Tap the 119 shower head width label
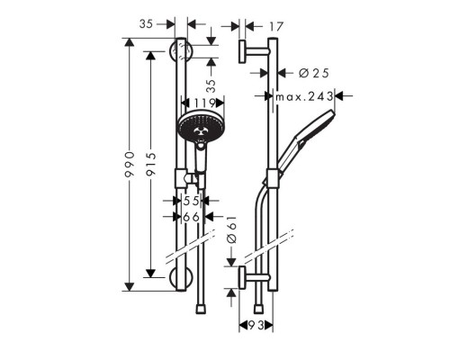(x=197, y=103)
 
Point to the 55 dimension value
(x=190, y=203)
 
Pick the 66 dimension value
(x=190, y=217)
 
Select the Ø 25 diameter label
(x=307, y=72)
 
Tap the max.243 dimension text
(x=305, y=95)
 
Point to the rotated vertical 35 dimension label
(x=211, y=87)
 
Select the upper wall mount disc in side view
(x=243, y=51)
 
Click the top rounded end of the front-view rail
(x=181, y=44)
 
